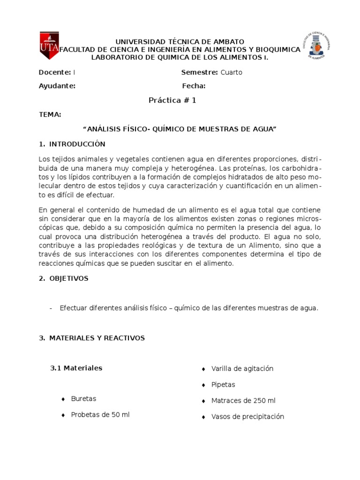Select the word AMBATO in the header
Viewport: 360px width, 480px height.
pyautogui.click(x=225, y=42)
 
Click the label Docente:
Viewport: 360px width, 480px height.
pyautogui.click(x=55, y=72)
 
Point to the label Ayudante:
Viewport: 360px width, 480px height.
pyautogui.click(x=57, y=86)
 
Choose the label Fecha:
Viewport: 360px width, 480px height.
pyautogui.click(x=194, y=86)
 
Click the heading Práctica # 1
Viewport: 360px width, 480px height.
pyautogui.click(x=172, y=100)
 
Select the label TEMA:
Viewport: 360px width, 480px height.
pyautogui.click(x=50, y=115)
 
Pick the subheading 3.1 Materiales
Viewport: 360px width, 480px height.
pyautogui.click(x=76, y=368)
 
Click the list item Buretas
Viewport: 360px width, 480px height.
pyautogui.click(x=83, y=399)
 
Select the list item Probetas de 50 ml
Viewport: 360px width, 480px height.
pyautogui.click(x=100, y=415)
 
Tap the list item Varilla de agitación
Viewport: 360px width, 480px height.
pyautogui.click(x=242, y=368)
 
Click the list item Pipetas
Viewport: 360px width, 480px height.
pyautogui.click(x=223, y=384)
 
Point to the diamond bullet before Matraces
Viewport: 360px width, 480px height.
pyautogui.click(x=203, y=401)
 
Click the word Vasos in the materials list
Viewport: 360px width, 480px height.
pyautogui.click(x=220, y=416)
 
